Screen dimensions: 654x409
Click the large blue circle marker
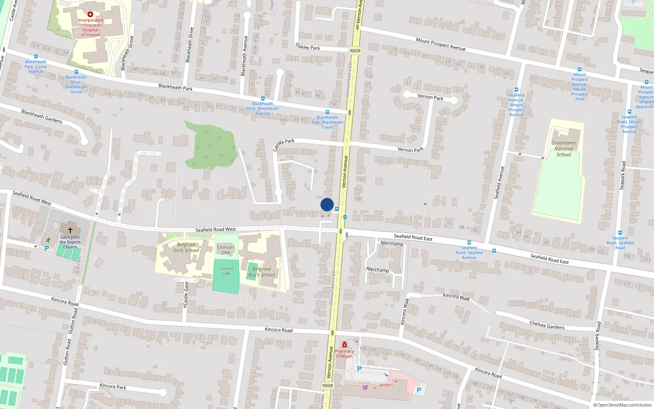point(327,204)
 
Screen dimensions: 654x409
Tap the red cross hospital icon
point(90,14)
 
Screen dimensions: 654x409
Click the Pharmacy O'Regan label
point(344,354)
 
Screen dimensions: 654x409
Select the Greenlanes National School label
point(564,149)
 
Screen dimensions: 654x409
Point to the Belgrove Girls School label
point(186,247)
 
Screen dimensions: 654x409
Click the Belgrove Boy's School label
point(262,272)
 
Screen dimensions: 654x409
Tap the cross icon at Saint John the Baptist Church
point(70,231)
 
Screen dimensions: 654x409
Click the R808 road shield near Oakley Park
point(355,51)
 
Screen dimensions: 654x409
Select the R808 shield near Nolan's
point(327,386)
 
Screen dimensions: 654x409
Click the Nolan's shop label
point(386,385)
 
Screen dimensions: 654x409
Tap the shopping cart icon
point(365,387)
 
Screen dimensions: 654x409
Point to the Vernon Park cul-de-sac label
point(430,97)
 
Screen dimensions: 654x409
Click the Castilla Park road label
point(284,144)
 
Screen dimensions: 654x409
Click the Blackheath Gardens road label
point(42,116)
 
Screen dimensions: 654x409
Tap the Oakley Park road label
point(308,47)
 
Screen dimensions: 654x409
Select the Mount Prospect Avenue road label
point(441,44)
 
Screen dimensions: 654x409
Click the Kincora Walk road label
point(457,297)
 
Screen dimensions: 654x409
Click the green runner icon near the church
point(49,240)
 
